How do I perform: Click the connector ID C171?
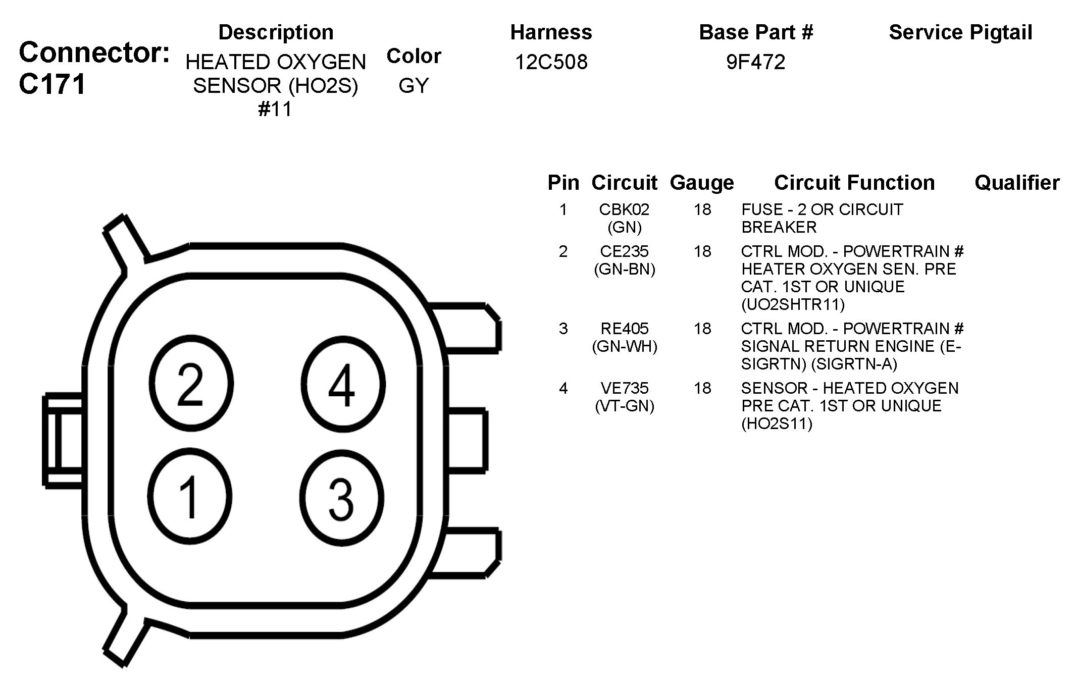(x=53, y=84)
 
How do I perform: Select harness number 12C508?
(x=551, y=62)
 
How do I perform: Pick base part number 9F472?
(x=756, y=62)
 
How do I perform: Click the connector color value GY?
(x=414, y=85)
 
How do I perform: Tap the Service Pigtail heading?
(x=960, y=32)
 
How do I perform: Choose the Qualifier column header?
(x=1017, y=182)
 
